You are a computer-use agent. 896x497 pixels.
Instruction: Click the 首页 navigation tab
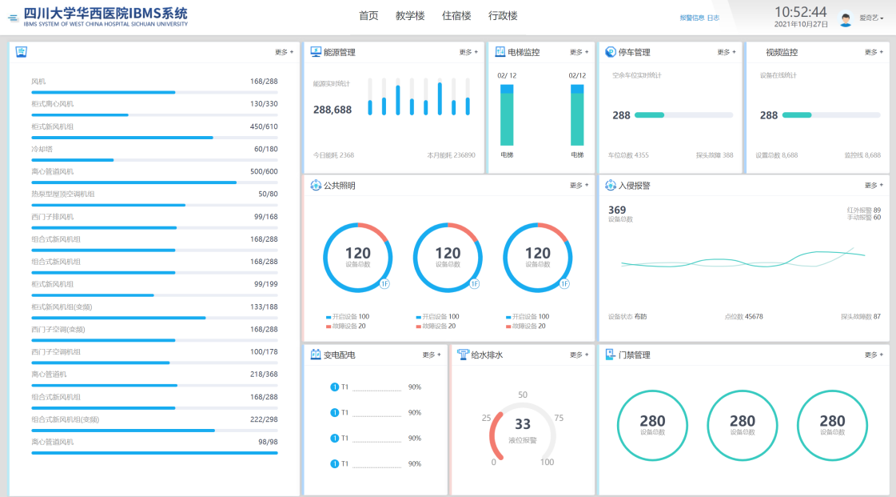tap(368, 16)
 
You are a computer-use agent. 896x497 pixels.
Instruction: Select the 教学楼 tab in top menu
tap(410, 16)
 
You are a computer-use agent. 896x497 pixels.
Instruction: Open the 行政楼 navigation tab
tap(503, 16)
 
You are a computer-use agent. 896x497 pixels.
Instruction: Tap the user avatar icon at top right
tap(846, 18)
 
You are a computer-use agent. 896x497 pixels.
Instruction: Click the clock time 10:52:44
tap(800, 11)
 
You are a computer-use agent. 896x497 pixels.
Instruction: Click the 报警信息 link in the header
tap(692, 18)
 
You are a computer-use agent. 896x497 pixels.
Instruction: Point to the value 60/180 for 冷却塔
tap(266, 149)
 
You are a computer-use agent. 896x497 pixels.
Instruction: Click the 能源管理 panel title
tap(339, 53)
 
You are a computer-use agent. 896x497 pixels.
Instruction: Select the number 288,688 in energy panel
tap(333, 110)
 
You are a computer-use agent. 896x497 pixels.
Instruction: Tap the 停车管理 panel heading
tap(634, 53)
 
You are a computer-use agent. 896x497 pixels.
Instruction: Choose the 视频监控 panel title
tap(781, 53)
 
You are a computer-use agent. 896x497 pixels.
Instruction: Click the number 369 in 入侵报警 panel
tap(617, 210)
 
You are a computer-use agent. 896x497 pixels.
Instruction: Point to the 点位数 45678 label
tap(743, 316)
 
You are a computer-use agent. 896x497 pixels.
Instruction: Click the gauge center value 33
tap(522, 424)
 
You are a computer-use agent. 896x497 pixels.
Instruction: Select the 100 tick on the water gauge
tap(547, 462)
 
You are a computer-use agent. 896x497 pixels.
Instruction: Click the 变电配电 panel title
tap(339, 355)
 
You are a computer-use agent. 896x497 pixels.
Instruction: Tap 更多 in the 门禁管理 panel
tap(873, 355)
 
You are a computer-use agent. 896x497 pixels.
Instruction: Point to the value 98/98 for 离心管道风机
tap(267, 442)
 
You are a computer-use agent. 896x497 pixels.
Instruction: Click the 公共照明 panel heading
tap(339, 186)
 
